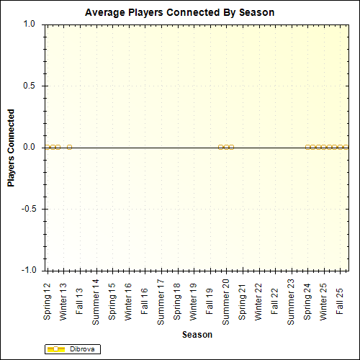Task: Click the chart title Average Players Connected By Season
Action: pos(179,13)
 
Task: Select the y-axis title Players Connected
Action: pos(12,148)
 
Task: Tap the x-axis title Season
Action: pos(197,335)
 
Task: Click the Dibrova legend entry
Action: pos(72,349)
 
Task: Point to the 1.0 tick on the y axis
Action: pos(30,24)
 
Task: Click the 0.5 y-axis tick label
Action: pos(30,86)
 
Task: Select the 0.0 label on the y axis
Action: pos(30,147)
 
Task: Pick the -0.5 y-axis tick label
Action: pos(28,209)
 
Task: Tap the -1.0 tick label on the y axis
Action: pos(28,270)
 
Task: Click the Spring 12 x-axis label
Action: pos(48,299)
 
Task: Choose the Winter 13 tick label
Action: pos(63,299)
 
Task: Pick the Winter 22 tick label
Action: pos(258,299)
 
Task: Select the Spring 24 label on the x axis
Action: pos(307,299)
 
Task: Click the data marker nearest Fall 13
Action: pos(69,147)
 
